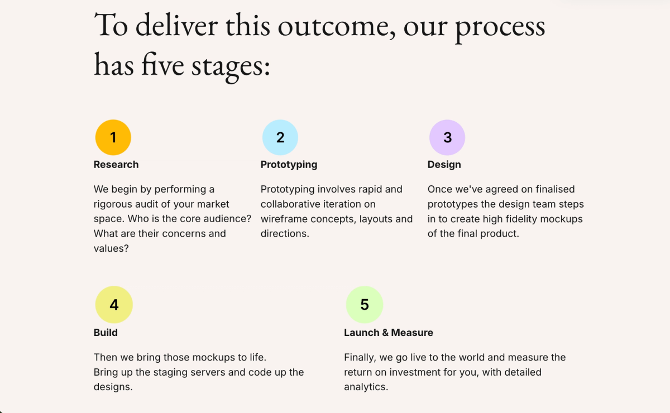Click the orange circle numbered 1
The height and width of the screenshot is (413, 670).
[x=113, y=137]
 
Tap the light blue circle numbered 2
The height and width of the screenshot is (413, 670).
[x=280, y=137]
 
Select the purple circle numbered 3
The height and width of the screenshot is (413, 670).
[x=447, y=137]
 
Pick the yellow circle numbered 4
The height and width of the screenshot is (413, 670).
[x=114, y=305]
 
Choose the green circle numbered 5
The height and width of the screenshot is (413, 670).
[x=365, y=305]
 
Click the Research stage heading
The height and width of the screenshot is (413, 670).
[x=116, y=165]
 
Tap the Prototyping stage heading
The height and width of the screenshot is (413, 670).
[x=289, y=165]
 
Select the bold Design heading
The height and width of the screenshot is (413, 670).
[x=444, y=165]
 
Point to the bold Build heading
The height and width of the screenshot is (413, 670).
[x=106, y=333]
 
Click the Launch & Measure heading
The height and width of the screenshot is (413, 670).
[x=389, y=333]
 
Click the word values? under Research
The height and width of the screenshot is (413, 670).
[x=111, y=248]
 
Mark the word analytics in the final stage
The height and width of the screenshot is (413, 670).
[x=366, y=387]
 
